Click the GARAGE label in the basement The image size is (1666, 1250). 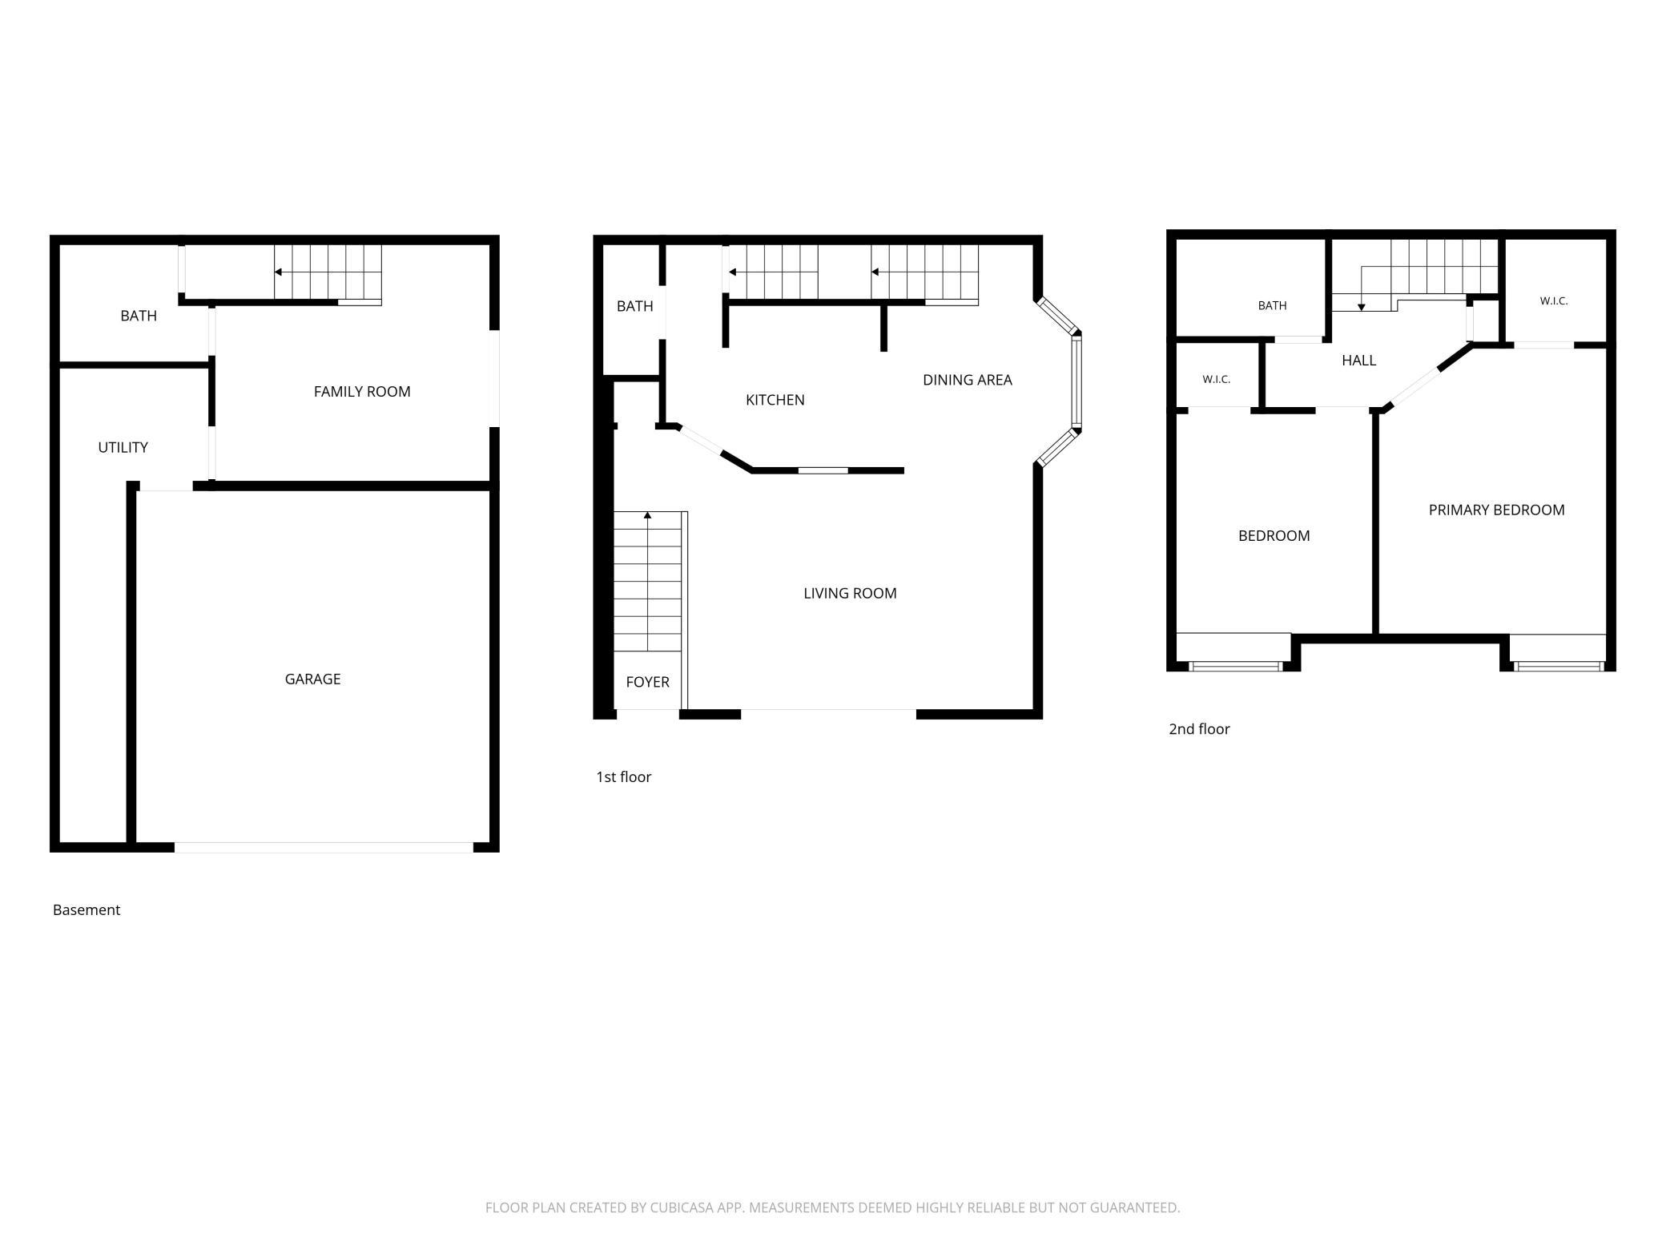[312, 679]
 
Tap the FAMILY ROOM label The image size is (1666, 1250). [362, 391]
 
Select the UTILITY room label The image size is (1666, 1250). [123, 447]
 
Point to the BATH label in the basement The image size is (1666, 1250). [139, 316]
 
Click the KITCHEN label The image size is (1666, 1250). [775, 400]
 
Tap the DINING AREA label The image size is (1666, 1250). [968, 380]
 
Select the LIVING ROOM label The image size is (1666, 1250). [850, 593]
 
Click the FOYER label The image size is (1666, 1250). [647, 682]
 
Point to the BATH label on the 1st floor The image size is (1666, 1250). [635, 306]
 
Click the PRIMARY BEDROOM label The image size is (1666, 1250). [1496, 510]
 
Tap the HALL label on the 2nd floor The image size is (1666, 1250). [1358, 361]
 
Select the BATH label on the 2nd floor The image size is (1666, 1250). [1272, 305]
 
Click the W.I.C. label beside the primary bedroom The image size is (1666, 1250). [1553, 301]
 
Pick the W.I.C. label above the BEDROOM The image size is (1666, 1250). [1216, 379]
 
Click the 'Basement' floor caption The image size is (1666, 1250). [87, 909]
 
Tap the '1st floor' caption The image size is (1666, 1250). [623, 776]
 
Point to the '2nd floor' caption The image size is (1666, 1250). [1199, 728]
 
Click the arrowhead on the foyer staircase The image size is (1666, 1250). [647, 515]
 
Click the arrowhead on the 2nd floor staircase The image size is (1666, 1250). [1361, 308]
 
